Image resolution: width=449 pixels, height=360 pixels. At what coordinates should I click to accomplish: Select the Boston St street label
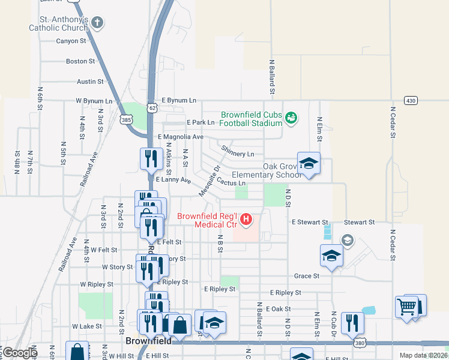80,61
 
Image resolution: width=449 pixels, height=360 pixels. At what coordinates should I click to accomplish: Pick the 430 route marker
410,100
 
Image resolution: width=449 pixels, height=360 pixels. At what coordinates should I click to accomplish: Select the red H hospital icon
246,221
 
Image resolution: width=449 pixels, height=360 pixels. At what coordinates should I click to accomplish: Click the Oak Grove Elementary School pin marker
309,164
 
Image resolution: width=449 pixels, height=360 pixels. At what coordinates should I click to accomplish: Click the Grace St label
307,276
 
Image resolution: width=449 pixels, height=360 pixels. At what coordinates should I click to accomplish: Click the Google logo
20,353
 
